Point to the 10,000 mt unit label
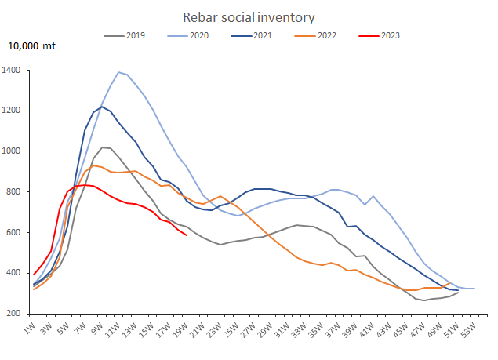coord(32,46)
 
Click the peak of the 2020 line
coord(118,72)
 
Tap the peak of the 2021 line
coord(102,107)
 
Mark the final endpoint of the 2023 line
coord(187,235)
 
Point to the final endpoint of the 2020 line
coord(474,289)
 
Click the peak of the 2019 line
coord(102,147)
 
